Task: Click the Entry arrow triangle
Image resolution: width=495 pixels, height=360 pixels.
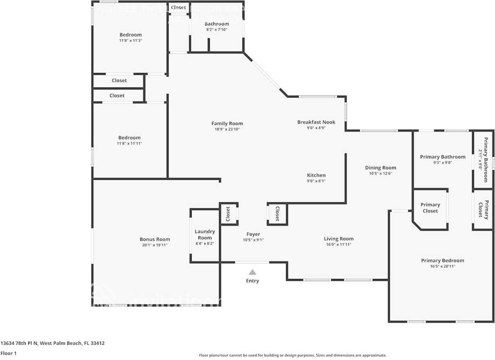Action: [252, 272]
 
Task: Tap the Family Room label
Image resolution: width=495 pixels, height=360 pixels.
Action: [227, 123]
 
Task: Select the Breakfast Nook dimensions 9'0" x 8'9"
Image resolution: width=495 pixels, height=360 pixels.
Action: [316, 128]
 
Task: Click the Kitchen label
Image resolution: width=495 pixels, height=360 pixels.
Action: [316, 175]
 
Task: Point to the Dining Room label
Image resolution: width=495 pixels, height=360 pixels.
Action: [380, 168]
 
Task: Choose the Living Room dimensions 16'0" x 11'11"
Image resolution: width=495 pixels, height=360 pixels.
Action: [338, 244]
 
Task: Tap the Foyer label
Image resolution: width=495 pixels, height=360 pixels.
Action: [253, 234]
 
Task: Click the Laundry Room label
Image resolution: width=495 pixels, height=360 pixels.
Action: [205, 234]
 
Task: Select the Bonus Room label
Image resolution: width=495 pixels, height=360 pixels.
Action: [155, 239]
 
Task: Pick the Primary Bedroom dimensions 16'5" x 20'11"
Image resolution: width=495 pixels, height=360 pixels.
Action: [443, 266]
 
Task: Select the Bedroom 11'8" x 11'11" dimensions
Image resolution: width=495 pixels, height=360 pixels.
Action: [129, 143]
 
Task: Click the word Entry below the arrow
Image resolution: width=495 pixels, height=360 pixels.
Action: [253, 281]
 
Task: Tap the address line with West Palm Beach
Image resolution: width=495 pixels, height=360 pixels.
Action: [52, 343]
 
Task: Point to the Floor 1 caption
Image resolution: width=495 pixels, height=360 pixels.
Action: [8, 354]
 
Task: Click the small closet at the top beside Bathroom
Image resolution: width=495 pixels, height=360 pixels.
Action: [178, 7]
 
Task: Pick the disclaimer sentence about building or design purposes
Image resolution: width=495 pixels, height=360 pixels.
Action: [293, 355]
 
